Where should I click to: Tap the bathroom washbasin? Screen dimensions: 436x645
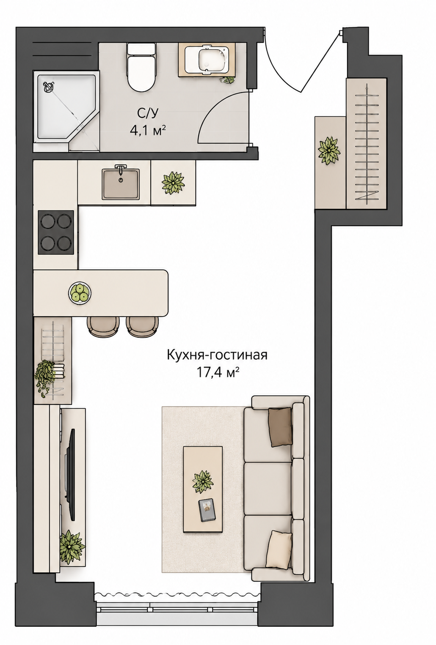[x=207, y=59]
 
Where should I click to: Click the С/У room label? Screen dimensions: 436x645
[x=148, y=113]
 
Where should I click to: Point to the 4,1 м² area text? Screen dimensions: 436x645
[x=148, y=131]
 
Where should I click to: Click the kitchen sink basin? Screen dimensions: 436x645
[x=121, y=184]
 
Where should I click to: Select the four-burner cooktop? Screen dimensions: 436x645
[x=56, y=232]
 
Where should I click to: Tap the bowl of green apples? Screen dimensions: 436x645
[x=80, y=292]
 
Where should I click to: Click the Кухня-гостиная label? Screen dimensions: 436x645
[x=217, y=355]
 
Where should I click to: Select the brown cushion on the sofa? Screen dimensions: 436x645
[x=280, y=427]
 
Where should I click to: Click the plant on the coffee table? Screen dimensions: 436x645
[x=203, y=482]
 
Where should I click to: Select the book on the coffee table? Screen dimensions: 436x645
[x=207, y=510]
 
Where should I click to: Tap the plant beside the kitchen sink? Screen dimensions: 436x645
[x=173, y=183]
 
